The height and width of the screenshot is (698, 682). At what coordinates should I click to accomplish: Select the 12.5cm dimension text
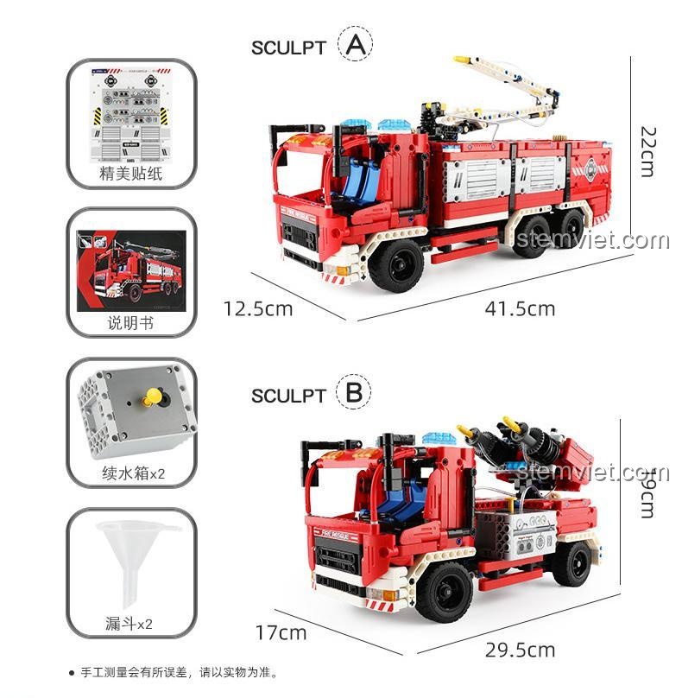(x=257, y=308)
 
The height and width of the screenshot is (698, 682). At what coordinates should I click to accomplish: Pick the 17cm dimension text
(x=281, y=632)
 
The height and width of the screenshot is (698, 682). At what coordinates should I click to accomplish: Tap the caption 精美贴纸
(x=131, y=175)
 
